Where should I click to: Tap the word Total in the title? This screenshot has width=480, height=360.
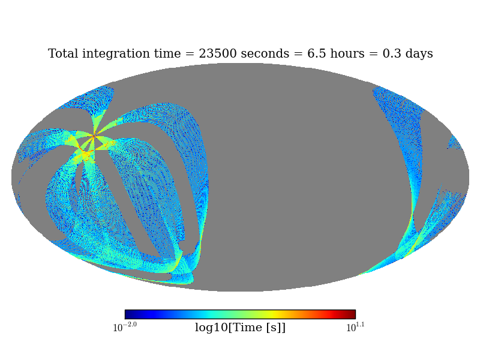pyautogui.click(x=63, y=54)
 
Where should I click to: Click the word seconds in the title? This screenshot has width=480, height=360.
pyautogui.click(x=259, y=54)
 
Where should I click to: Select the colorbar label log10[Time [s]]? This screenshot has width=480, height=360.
pyautogui.click(x=240, y=328)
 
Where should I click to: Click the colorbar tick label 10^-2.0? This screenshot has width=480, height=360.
pyautogui.click(x=125, y=327)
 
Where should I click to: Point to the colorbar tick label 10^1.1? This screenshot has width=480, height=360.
pyautogui.click(x=355, y=327)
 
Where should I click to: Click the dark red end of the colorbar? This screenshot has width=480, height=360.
pyautogui.click(x=352, y=314)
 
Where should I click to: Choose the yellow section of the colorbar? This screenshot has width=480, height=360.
pyautogui.click(x=270, y=314)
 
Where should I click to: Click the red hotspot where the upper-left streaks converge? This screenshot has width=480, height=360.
pyautogui.click(x=94, y=136)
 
